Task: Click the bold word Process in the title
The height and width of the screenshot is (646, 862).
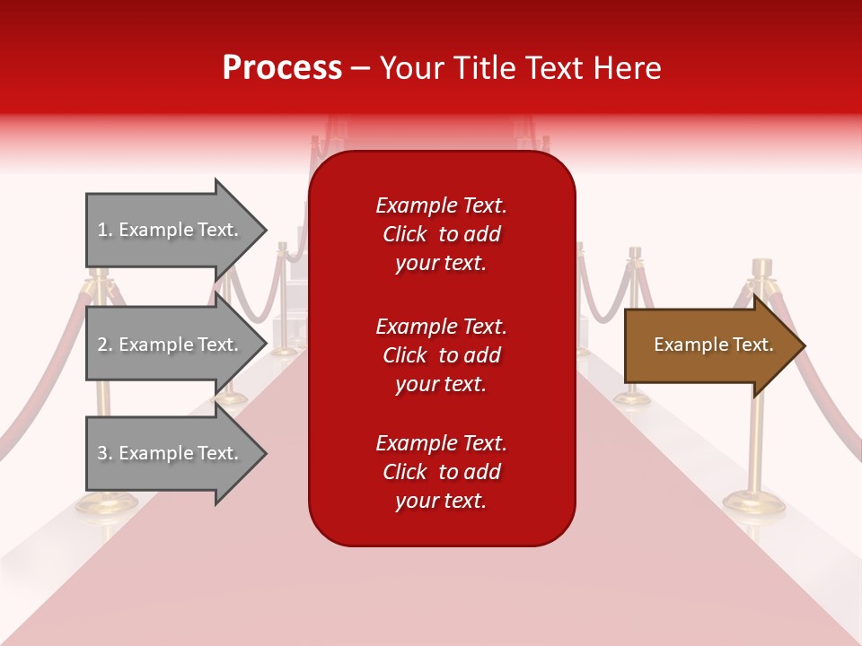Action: (x=282, y=68)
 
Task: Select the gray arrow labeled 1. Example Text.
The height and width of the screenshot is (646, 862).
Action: (x=171, y=230)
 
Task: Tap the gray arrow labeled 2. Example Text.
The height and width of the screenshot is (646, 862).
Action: (x=171, y=345)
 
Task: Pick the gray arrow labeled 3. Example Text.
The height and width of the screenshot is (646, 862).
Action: (x=171, y=453)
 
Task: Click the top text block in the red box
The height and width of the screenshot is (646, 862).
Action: (x=441, y=234)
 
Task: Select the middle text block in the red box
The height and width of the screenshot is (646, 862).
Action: (x=441, y=355)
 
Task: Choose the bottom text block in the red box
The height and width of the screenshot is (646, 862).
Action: (x=441, y=472)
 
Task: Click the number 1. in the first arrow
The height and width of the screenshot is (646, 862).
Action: (x=105, y=230)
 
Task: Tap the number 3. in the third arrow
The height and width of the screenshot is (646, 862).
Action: (x=105, y=453)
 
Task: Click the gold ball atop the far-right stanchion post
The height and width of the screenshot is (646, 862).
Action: (x=762, y=266)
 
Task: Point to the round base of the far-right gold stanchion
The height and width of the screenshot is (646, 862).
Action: (x=754, y=502)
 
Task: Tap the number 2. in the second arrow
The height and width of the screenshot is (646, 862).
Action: (x=105, y=345)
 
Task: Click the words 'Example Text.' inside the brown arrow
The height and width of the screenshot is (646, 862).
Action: (x=713, y=345)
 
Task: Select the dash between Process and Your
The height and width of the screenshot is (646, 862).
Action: (x=360, y=68)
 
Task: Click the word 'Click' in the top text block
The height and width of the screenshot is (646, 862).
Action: (x=404, y=234)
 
